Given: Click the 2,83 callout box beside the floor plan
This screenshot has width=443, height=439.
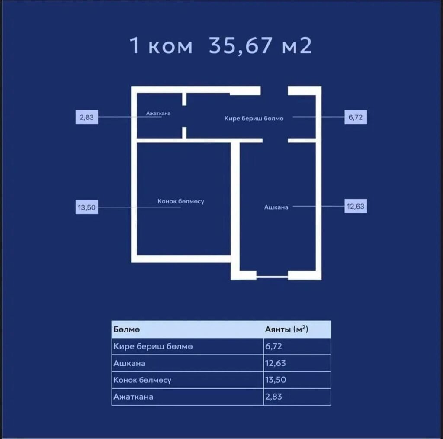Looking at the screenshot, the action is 87,117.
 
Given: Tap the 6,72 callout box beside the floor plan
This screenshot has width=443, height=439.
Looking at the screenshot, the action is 356,117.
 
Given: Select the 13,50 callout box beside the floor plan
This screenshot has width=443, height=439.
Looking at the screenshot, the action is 87,207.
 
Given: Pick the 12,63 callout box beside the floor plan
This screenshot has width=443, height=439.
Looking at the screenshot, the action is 356,207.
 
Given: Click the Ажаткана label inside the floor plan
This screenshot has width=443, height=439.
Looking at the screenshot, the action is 158,113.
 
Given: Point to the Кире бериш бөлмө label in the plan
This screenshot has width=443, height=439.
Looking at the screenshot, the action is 254,119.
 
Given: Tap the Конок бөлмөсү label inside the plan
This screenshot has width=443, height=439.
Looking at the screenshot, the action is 181,201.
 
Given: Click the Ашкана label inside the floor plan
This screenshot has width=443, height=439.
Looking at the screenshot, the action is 276,207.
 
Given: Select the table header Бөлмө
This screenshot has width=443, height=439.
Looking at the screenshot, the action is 127,329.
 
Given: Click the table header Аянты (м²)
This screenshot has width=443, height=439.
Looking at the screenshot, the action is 286,329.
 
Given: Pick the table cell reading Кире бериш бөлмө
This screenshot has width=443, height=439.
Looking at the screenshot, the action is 153,346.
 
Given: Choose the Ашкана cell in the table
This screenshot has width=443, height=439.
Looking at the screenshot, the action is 129,363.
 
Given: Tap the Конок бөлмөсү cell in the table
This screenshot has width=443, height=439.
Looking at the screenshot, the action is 142,380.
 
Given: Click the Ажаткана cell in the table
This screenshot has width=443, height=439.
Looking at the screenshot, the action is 133,397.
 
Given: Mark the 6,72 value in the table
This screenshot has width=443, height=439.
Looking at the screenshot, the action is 273,346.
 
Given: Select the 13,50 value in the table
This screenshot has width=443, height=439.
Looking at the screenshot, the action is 276,380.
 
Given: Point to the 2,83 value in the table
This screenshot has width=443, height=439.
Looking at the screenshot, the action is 273,397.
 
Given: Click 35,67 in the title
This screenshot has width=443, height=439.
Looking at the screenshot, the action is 241,46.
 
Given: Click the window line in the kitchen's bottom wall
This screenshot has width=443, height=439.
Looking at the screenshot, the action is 272,277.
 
